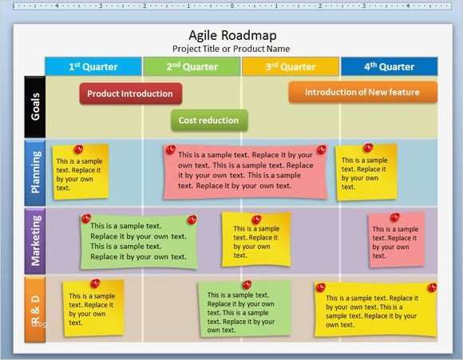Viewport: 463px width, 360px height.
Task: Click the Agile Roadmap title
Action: click(x=231, y=35)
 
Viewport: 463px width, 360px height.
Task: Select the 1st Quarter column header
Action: click(x=93, y=67)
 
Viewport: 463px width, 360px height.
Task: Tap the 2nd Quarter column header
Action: click(x=192, y=67)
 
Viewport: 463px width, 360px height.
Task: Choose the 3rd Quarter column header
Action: click(x=291, y=67)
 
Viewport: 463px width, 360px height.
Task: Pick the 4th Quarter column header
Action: click(x=389, y=67)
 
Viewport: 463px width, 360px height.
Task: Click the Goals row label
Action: click(x=35, y=106)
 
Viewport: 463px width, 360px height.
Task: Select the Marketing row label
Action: click(x=35, y=239)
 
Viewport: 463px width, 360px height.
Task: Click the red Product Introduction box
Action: click(x=130, y=94)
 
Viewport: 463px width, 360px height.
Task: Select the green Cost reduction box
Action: click(x=209, y=121)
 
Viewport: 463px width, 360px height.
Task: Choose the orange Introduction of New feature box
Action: click(x=362, y=93)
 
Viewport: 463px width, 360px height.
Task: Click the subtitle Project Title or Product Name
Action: click(x=231, y=49)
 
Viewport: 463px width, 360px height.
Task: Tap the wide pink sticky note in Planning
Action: click(x=245, y=171)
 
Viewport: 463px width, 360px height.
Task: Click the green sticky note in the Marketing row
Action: click(x=137, y=242)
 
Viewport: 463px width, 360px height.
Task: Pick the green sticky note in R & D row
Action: click(x=243, y=309)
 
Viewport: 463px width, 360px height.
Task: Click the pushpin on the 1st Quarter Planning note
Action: click(x=78, y=149)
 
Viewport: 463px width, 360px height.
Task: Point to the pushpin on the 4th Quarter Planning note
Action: click(x=367, y=148)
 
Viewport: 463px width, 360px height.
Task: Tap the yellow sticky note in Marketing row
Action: click(x=255, y=239)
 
